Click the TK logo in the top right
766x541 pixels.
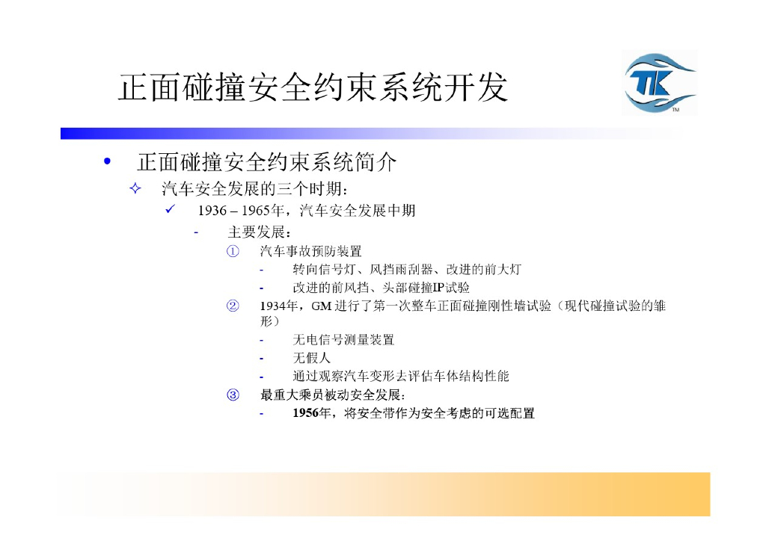658,83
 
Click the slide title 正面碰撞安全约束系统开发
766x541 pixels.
313,87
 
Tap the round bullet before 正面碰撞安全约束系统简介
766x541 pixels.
108,162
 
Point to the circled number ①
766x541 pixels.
233,251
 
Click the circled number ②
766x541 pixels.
233,306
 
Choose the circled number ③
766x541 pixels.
233,395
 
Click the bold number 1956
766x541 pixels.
306,413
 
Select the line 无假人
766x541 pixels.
311,358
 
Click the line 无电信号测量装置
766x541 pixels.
343,340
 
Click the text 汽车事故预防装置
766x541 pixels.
310,251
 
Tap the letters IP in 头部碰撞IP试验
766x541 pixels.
440,288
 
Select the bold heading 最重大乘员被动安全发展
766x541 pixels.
332,395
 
